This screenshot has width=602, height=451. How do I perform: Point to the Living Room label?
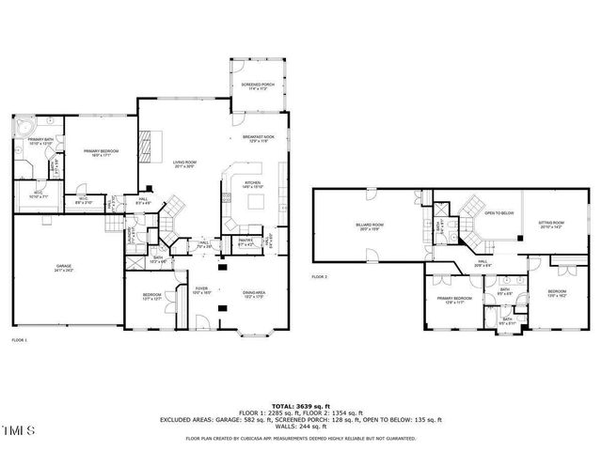pyautogui.click(x=182, y=164)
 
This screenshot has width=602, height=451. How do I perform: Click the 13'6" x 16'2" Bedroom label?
pyautogui.click(x=556, y=292)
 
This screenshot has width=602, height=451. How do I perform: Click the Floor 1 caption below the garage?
pyautogui.click(x=20, y=339)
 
